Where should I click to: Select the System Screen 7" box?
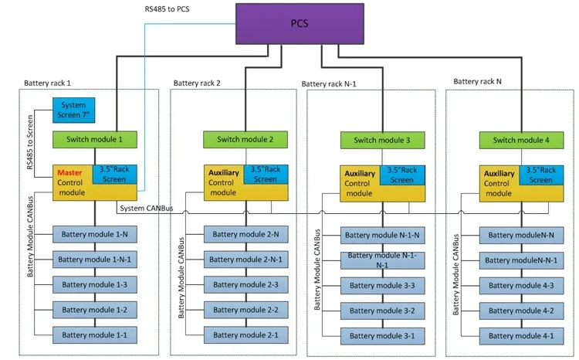click(x=73, y=110)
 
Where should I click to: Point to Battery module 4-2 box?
click(x=522, y=311)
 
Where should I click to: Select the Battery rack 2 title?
click(x=197, y=83)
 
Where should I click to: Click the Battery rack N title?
click(x=477, y=80)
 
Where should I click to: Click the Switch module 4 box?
click(x=522, y=140)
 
